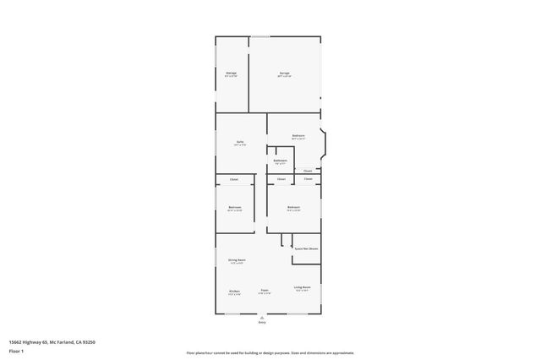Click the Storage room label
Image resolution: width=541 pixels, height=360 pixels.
[231, 74]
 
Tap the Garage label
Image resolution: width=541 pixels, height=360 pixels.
[285, 74]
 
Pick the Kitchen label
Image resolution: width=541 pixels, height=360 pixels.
[234, 292]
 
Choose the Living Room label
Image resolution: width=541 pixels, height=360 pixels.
[302, 287]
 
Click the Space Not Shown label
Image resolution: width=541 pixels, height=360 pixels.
[306, 248]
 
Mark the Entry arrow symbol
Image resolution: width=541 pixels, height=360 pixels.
[262, 317]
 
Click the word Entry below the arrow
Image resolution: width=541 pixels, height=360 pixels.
[262, 323]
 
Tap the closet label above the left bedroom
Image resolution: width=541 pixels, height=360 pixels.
[234, 179]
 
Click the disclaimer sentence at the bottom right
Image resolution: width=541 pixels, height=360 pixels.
[270, 352]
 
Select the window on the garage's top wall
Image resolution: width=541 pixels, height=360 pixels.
[260, 36]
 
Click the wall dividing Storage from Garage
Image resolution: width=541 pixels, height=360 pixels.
[248, 74]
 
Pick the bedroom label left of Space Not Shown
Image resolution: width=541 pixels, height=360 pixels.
[293, 207]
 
